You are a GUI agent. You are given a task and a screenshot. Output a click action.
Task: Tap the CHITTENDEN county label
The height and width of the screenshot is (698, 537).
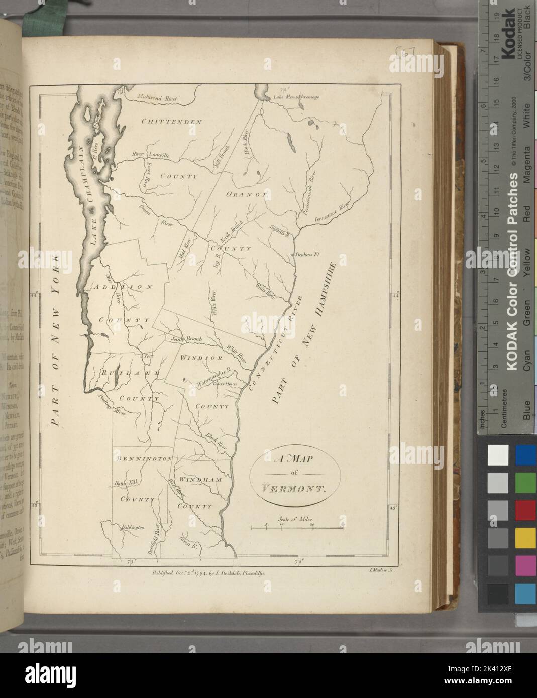point(171,122)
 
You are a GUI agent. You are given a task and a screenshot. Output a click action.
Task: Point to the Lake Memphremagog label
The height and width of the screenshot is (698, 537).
point(296,97)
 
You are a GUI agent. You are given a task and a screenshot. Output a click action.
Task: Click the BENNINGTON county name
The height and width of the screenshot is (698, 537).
point(145,458)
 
